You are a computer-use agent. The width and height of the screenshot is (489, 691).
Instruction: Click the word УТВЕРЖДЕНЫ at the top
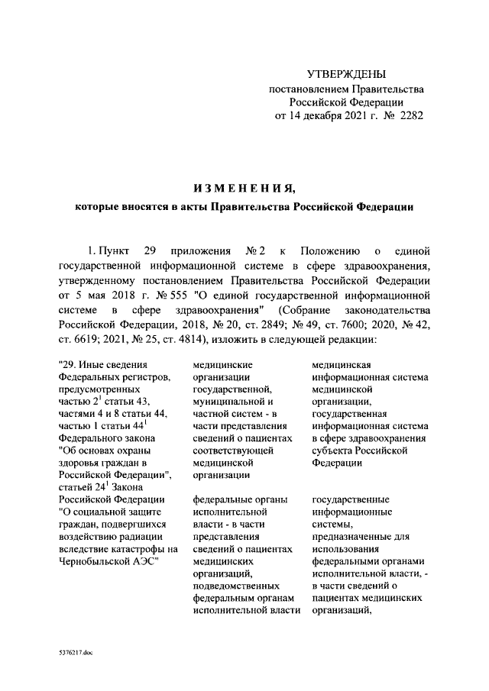click(346, 74)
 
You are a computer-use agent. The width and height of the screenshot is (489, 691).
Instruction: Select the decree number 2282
click(407, 117)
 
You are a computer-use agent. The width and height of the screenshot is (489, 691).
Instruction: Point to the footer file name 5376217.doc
click(74, 654)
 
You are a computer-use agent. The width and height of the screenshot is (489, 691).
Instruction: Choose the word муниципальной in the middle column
click(233, 400)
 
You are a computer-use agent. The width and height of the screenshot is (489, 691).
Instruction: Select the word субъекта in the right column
click(334, 450)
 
